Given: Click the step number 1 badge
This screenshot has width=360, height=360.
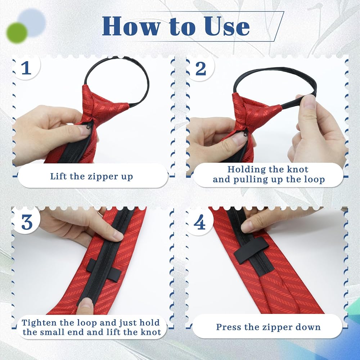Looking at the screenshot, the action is (26, 68).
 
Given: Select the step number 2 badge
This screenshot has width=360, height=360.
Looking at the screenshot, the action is (201, 68).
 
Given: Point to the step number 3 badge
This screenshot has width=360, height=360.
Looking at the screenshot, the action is (27, 222).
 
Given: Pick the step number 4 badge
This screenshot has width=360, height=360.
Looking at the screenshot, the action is (199, 222).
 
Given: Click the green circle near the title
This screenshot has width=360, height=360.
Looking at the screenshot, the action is (17, 33).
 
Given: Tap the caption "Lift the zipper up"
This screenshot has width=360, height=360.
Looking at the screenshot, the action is (91, 176).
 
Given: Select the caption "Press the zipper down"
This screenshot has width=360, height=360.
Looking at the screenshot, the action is (268, 327).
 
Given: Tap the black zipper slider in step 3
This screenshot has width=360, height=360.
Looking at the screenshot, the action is (104, 270).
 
